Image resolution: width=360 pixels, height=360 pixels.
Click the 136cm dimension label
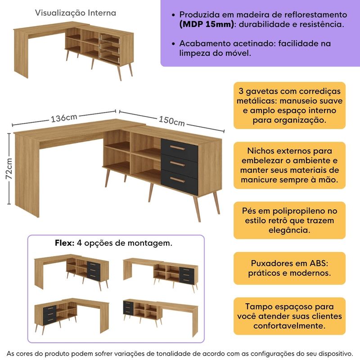pyautogui.click(x=63, y=118)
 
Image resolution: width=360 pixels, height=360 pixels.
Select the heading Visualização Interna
pyautogui.click(x=76, y=13)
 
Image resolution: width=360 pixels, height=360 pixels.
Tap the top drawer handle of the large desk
pyautogui.click(x=179, y=148)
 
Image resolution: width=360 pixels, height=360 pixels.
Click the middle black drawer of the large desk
pyautogui.click(x=179, y=163)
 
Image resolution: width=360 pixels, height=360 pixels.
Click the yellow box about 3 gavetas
pyautogui.click(x=289, y=105)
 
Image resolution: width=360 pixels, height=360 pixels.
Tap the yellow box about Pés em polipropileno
pyautogui.click(x=289, y=220)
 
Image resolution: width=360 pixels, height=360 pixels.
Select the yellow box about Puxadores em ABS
pyautogui.click(x=289, y=268)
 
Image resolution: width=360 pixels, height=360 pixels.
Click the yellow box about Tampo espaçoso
pyautogui.click(x=289, y=315)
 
